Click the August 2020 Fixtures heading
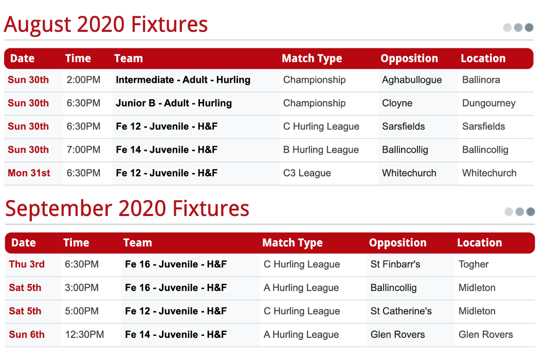point(106,24)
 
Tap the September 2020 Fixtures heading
point(127,209)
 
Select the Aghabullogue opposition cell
point(412,80)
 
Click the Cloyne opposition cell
point(397,103)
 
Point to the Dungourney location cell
point(489,103)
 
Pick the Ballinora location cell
point(481,80)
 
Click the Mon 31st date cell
point(29,173)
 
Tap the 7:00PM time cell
point(83,150)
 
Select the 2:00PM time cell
point(83,80)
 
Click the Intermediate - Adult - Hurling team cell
point(183,80)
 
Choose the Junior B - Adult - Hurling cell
point(174,103)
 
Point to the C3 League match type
point(307,173)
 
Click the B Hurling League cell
point(321,150)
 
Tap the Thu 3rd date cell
point(27,264)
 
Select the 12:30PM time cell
point(84,334)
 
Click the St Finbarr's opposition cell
point(395,264)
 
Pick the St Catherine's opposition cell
point(401,311)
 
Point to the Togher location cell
point(473,264)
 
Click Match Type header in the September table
point(293,243)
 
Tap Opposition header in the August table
point(409,59)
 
